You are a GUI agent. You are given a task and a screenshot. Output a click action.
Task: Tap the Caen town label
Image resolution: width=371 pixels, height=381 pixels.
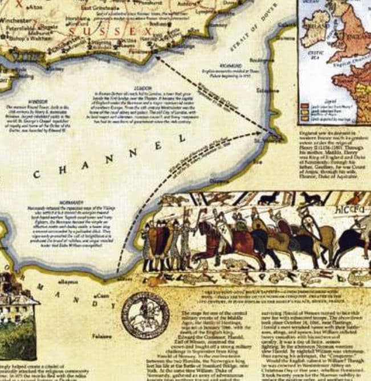(103, 296)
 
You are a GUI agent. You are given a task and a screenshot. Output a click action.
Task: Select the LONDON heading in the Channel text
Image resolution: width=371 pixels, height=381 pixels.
(138, 88)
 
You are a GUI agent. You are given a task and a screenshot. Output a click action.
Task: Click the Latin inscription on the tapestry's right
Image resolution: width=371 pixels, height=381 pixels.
(349, 209)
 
